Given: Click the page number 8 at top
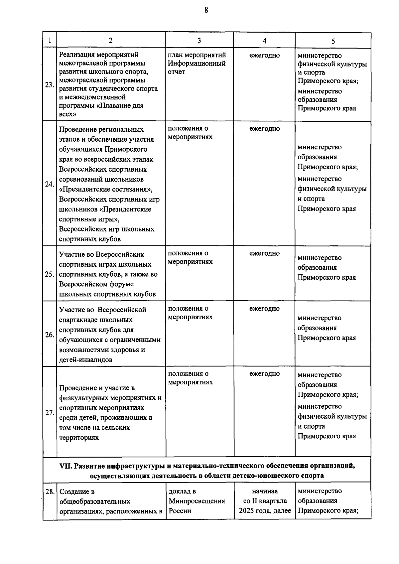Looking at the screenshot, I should point(206,10).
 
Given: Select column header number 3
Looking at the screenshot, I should point(199,41).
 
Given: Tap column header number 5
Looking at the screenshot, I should point(333,41).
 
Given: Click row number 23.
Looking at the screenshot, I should point(50,85).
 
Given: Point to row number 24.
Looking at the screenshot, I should point(50,184).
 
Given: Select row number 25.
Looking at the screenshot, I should point(50,274).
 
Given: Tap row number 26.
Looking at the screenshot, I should point(50,335).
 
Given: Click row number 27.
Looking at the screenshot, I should point(50,413).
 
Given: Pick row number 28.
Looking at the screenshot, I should point(50,492).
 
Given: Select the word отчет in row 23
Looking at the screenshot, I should point(176,72).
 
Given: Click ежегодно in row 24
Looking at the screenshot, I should point(264,129).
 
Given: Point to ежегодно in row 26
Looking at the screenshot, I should point(264,309).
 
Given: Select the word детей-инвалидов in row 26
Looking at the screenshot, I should point(85,359).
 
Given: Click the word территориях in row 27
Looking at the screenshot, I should point(79,438).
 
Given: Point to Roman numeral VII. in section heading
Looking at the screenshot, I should point(66,466).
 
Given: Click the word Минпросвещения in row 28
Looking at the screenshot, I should point(197,501).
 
